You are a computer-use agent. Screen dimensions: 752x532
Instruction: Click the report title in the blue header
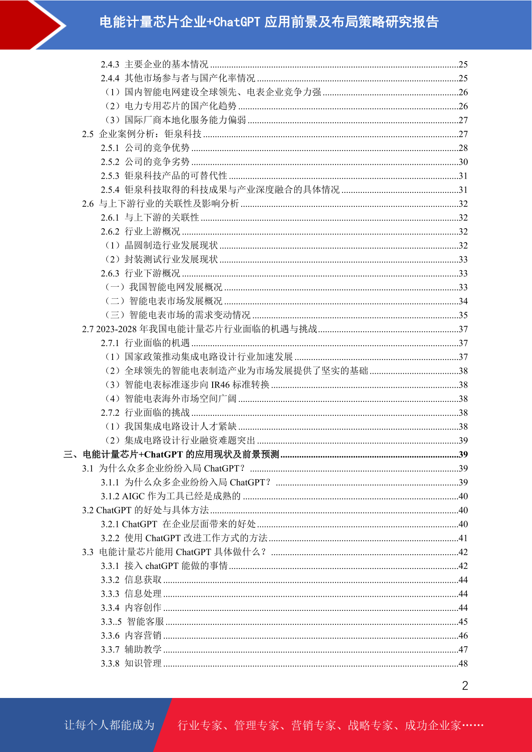(x=269, y=22)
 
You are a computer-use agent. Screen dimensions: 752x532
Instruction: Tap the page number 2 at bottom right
(x=465, y=686)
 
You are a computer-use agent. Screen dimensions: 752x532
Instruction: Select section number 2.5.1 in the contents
(x=110, y=148)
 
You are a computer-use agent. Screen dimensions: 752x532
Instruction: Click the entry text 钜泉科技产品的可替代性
(x=176, y=176)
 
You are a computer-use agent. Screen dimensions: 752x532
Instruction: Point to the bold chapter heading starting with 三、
(x=172, y=455)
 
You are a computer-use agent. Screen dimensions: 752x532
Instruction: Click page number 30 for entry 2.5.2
(x=463, y=162)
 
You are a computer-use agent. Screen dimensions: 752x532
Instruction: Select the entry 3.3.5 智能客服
(x=132, y=622)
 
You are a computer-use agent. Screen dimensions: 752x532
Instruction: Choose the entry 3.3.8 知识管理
(x=131, y=664)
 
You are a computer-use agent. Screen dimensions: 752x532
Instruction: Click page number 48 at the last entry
(x=463, y=664)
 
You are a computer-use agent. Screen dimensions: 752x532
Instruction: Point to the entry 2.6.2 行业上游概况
(x=140, y=232)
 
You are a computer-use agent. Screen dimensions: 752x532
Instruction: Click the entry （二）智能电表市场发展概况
(x=163, y=301)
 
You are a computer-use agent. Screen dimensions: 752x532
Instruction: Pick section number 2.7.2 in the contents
(x=110, y=413)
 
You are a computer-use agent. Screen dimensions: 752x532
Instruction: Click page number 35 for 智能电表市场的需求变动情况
(x=463, y=315)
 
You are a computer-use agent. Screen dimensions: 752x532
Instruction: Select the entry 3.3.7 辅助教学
(x=131, y=650)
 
